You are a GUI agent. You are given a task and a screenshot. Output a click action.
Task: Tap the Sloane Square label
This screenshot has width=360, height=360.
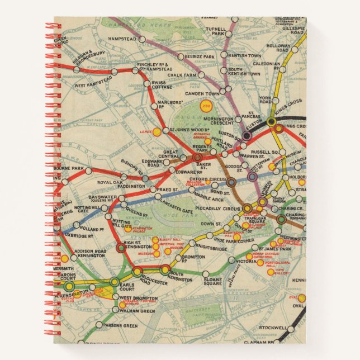click(213, 280)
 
